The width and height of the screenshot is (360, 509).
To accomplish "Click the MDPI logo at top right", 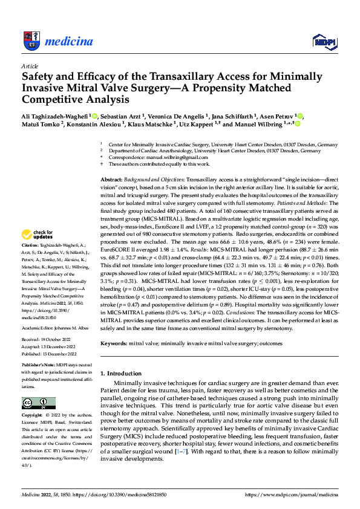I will [323, 41].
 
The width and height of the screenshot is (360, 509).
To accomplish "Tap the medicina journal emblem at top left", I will [30, 41].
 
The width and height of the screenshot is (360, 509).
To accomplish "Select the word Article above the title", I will [30, 65].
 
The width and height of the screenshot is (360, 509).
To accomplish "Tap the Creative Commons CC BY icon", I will [38, 403].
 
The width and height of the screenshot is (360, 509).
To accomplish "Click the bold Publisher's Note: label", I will [38, 366].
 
